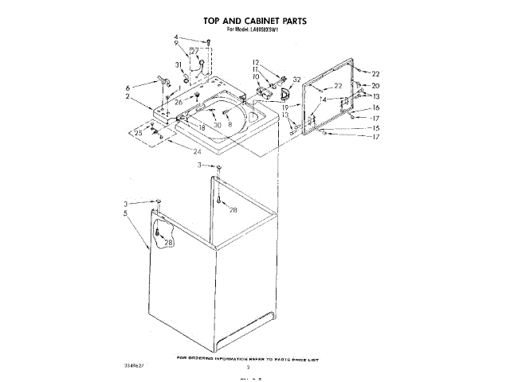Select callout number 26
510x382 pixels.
click(x=179, y=102)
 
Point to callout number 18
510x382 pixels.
click(x=202, y=127)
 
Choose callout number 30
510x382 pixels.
click(x=216, y=126)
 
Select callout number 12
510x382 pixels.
click(x=256, y=62)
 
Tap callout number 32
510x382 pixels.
click(x=297, y=80)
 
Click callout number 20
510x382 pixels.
click(x=376, y=85)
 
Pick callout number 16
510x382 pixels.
click(x=376, y=107)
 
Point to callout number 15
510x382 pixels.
click(x=376, y=127)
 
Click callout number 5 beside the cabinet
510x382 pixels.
click(x=126, y=213)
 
